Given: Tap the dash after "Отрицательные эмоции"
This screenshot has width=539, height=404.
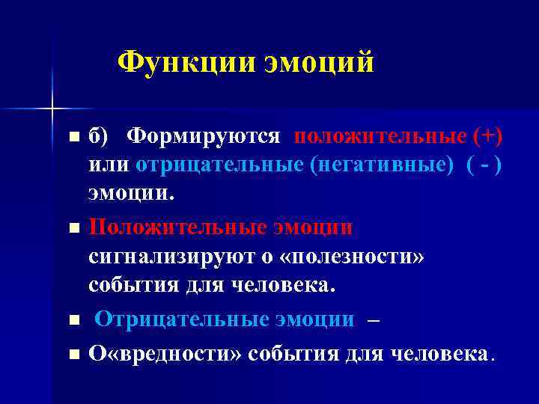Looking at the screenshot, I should (x=374, y=319).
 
